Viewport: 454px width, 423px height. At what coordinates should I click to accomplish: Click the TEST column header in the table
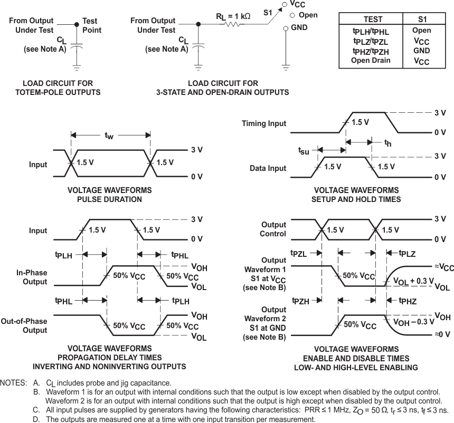(369, 20)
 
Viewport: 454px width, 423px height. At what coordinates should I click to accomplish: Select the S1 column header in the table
(421, 20)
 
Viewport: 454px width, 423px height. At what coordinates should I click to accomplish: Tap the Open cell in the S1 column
(421, 31)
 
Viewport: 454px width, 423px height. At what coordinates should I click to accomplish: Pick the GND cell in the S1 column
(421, 51)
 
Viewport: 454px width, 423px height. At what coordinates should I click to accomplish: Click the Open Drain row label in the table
(371, 60)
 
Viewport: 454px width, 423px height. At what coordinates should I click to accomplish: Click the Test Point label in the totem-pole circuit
(92, 26)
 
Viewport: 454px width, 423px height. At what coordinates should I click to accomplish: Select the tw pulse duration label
(109, 136)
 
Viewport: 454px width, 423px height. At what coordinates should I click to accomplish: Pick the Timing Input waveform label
(264, 123)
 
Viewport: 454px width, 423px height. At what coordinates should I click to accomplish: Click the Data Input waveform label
(268, 168)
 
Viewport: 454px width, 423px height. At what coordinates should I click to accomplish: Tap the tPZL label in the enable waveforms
(299, 254)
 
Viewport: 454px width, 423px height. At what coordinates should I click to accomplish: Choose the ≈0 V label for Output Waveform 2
(442, 334)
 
